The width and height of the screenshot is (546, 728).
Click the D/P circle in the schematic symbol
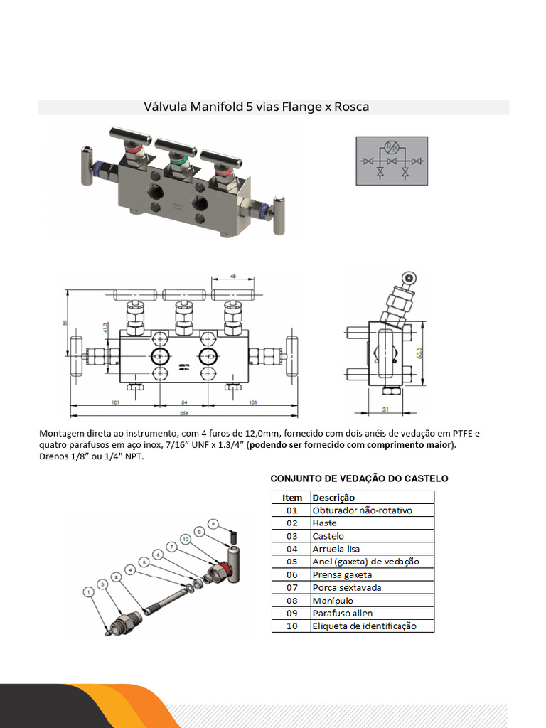tap(390, 148)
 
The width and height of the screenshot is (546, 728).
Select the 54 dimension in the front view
tap(183, 402)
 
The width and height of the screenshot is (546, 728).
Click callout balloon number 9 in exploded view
tap(213, 523)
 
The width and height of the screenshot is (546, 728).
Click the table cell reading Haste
tap(325, 523)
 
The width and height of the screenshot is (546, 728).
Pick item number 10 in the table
tap(292, 626)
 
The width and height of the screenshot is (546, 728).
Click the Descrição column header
tap(333, 497)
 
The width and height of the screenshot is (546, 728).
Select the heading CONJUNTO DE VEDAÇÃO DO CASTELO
tap(359, 478)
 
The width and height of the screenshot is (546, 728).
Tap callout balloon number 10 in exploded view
tap(186, 540)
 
